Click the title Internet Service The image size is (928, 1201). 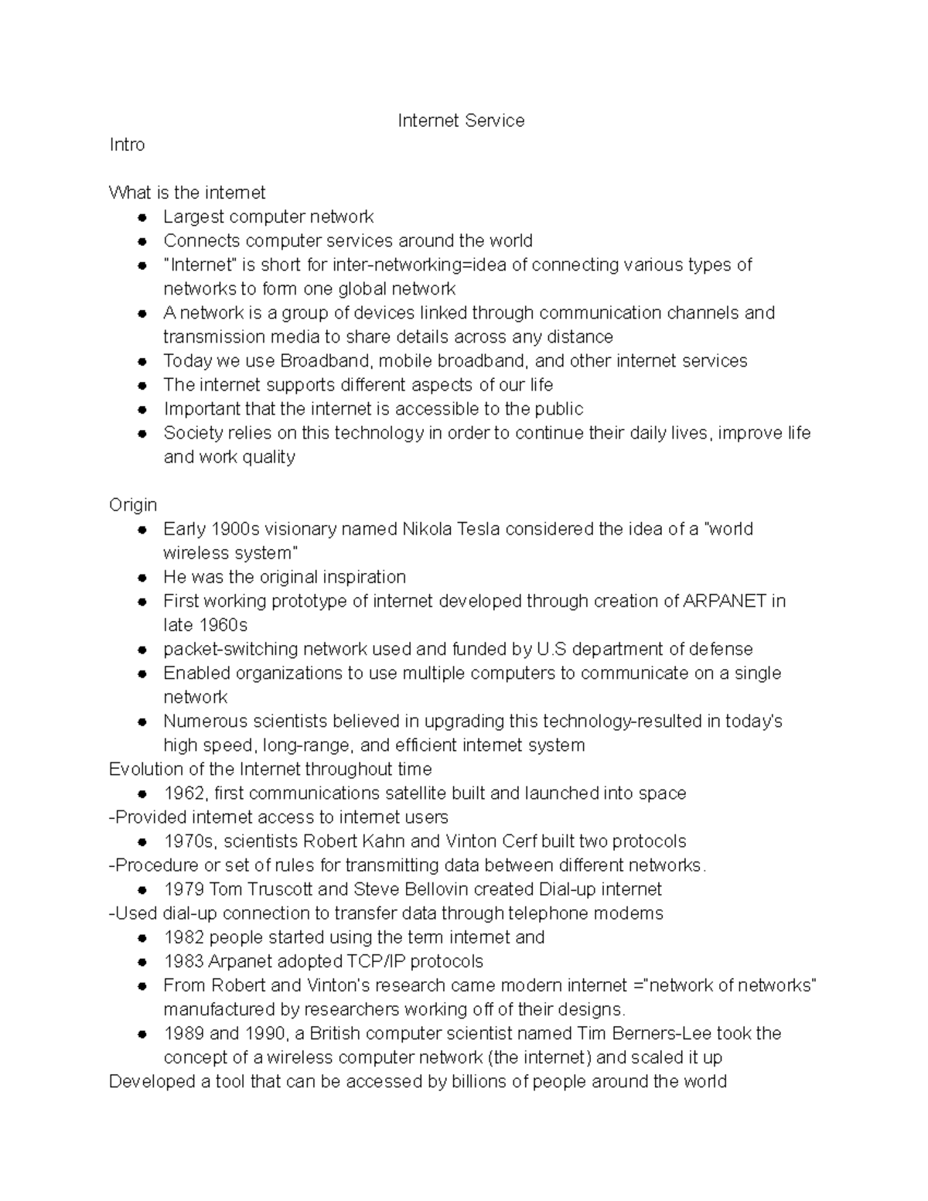(461, 121)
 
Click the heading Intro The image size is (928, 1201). (127, 145)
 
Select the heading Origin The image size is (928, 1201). (133, 505)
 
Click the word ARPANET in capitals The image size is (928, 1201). (725, 601)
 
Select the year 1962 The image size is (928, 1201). (184, 793)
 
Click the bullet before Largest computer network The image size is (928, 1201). (142, 217)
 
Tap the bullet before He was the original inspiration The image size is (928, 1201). (142, 578)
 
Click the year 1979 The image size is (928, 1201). (184, 889)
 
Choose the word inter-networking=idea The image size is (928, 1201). (419, 265)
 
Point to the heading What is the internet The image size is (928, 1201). (187, 193)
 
